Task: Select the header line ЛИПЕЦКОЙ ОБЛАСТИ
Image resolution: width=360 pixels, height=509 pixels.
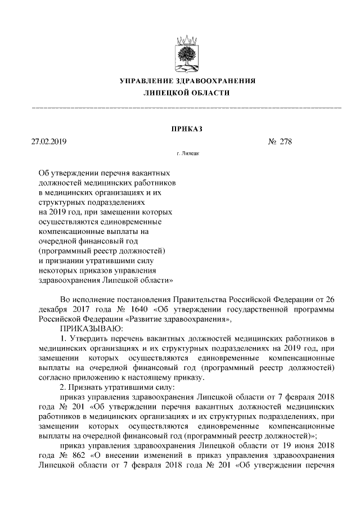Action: point(186,93)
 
